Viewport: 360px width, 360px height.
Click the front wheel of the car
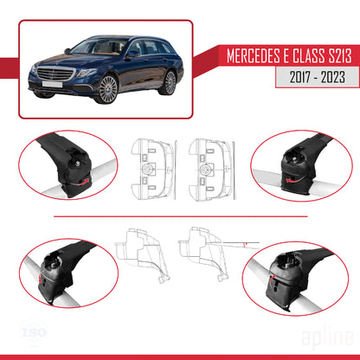point(107,89)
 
